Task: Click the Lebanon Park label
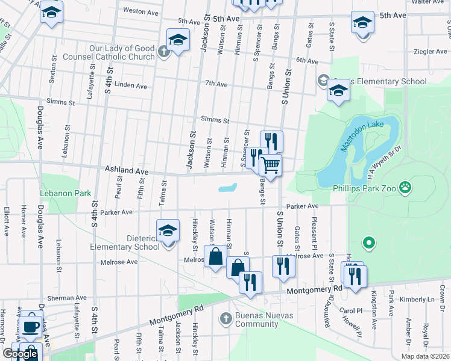[65, 194]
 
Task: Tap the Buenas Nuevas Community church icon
[225, 318]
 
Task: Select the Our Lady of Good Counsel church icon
[163, 51]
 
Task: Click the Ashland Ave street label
[127, 171]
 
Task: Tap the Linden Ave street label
[130, 86]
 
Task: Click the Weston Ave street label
[140, 10]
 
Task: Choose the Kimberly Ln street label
[421, 299]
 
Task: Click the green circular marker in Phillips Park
[369, 243]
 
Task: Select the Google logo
[20, 354]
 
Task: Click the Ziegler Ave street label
[430, 52]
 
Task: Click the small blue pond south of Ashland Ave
[227, 188]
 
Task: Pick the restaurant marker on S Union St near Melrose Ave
[282, 265]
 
